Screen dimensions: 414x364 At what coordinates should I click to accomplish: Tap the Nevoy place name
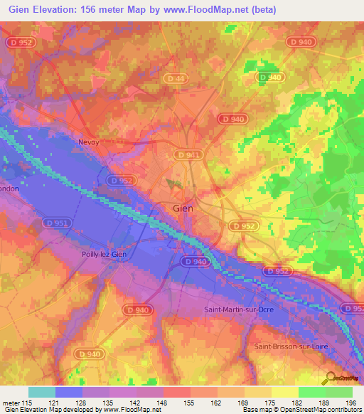(90, 142)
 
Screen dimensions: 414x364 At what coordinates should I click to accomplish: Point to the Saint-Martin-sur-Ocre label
(239, 309)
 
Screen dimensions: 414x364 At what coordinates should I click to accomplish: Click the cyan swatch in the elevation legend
(42, 392)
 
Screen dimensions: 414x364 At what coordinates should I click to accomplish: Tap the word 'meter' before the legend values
(11, 403)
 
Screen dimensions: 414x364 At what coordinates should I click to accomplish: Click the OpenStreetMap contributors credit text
(314, 410)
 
